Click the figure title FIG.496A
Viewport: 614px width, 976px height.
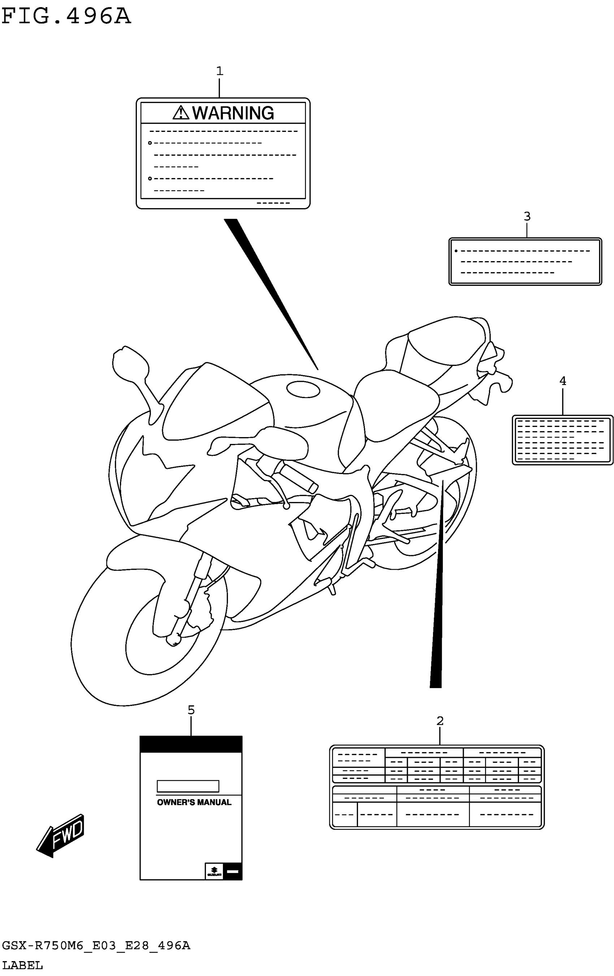tap(66, 17)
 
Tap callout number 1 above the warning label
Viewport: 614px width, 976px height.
tap(219, 71)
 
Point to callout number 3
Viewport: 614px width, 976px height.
tap(527, 216)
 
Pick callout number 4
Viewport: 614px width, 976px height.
tap(562, 381)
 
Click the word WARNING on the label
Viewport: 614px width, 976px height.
tap(233, 113)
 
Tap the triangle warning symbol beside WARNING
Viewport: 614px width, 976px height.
tap(181, 113)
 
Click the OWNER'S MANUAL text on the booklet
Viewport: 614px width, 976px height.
tap(194, 802)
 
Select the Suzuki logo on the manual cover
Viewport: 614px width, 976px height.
tap(214, 871)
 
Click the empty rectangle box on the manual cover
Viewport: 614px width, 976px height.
tap(188, 786)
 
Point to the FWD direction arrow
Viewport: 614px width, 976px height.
tap(61, 836)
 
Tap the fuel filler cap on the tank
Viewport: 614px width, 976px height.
tap(303, 389)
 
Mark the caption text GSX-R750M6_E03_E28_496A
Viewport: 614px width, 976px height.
tap(96, 946)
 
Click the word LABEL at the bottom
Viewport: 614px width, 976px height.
tap(22, 965)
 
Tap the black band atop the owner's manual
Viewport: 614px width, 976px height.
tap(191, 744)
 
